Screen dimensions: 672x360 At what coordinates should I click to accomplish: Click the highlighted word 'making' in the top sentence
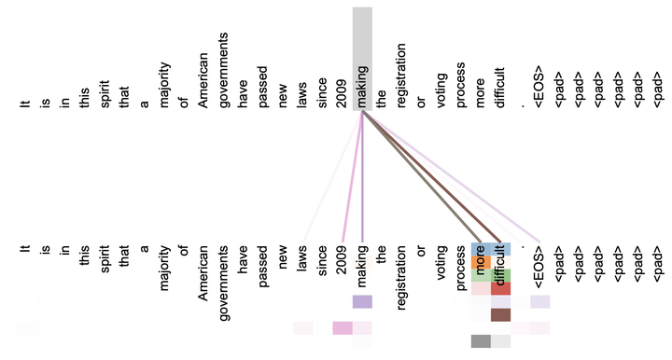coord(362,87)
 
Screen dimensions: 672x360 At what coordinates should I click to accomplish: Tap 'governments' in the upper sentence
coord(223,70)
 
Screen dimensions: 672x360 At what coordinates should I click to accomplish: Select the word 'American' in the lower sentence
coord(203,273)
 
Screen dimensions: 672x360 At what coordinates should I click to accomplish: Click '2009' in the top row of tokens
coord(342,93)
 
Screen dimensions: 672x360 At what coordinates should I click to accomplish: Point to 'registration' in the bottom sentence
coord(400,277)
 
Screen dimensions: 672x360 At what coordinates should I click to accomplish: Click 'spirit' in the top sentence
coord(105,94)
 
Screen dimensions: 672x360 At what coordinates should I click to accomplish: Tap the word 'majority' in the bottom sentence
coord(164,268)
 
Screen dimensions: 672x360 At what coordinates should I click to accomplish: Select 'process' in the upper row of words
coord(460,85)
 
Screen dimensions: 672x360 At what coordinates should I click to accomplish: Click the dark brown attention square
coord(500,315)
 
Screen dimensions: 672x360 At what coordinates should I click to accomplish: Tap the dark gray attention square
coord(481,341)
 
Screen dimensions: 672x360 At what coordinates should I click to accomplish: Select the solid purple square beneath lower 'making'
coord(362,302)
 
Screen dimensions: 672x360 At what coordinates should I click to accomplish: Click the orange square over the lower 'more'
coord(481,262)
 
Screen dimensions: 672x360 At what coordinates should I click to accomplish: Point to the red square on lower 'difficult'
coord(500,288)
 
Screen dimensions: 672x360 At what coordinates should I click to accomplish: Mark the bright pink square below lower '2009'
coord(343,328)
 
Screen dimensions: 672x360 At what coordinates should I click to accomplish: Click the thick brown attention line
coord(431,176)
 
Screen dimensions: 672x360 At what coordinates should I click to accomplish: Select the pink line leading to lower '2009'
coord(352,176)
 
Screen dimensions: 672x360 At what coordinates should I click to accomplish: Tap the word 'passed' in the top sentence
coord(262,87)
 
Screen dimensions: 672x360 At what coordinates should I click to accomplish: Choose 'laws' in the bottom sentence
coord(302,258)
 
